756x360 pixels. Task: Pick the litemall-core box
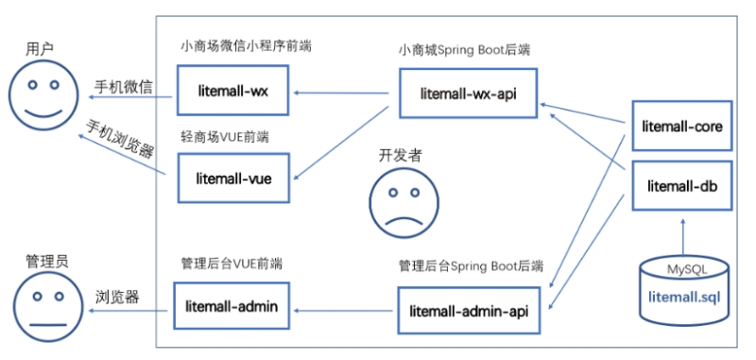click(680, 125)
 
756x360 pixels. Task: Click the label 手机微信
click(121, 87)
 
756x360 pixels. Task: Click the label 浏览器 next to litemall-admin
click(118, 297)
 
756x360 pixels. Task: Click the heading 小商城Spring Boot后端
click(462, 48)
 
